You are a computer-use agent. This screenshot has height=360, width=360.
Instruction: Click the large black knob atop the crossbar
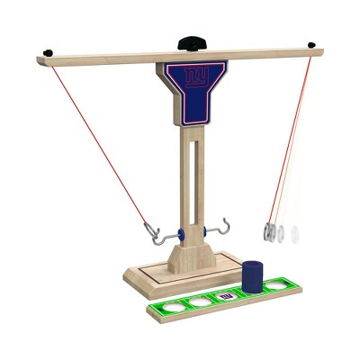pyautogui.click(x=193, y=43)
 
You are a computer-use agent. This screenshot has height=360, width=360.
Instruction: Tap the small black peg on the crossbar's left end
pyautogui.click(x=48, y=53)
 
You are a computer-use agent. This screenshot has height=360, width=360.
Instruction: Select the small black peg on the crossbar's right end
pyautogui.click(x=311, y=45)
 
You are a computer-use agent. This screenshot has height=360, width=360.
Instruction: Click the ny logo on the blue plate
pyautogui.click(x=196, y=77)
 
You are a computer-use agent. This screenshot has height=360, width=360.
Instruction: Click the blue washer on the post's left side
pyautogui.click(x=181, y=235)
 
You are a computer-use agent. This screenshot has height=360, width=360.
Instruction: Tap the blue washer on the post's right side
pyautogui.click(x=205, y=231)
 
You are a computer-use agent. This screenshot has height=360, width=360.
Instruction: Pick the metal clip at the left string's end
pyautogui.click(x=152, y=230)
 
